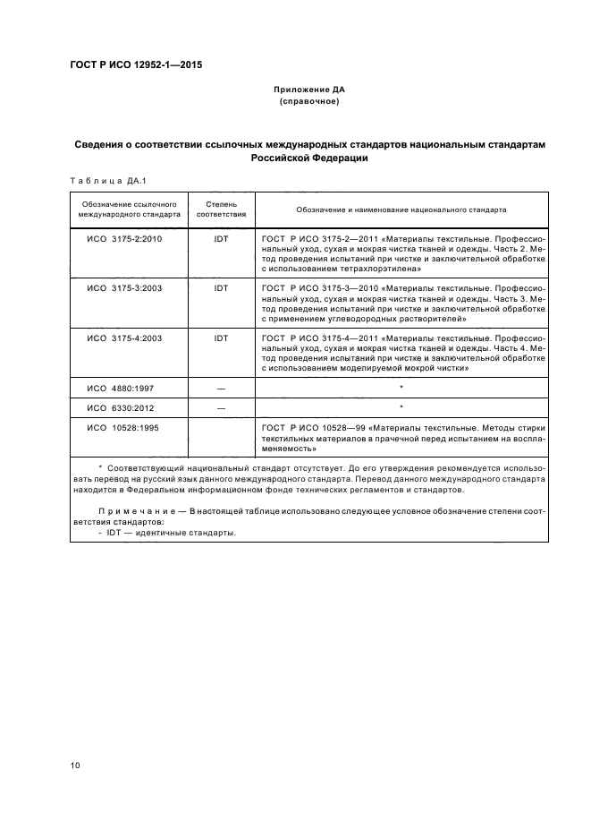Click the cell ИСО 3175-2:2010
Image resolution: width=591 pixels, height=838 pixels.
pyautogui.click(x=123, y=239)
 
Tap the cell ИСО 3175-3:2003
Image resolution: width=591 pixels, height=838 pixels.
pyautogui.click(x=123, y=288)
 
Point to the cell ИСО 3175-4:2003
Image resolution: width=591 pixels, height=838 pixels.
pyautogui.click(x=123, y=338)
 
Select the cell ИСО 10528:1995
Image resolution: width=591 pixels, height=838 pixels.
pyautogui.click(x=123, y=429)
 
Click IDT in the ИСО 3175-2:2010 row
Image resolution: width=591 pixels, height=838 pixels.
pyautogui.click(x=221, y=239)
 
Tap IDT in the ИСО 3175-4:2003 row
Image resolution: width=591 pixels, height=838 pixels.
pyautogui.click(x=221, y=338)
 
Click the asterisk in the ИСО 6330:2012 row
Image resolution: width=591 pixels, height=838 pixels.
pyautogui.click(x=401, y=407)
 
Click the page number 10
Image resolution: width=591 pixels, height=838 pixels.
pyautogui.click(x=75, y=765)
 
